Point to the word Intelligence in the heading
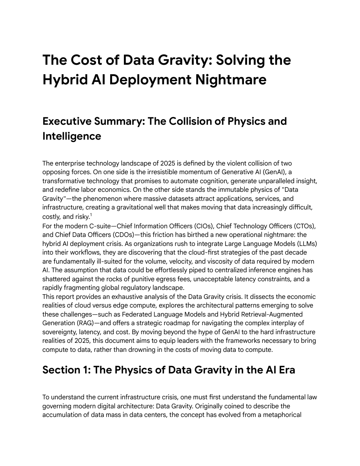[x=71, y=136]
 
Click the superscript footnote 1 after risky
[x=91, y=215]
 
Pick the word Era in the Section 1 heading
[x=285, y=370]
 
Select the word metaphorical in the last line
[x=282, y=415]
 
